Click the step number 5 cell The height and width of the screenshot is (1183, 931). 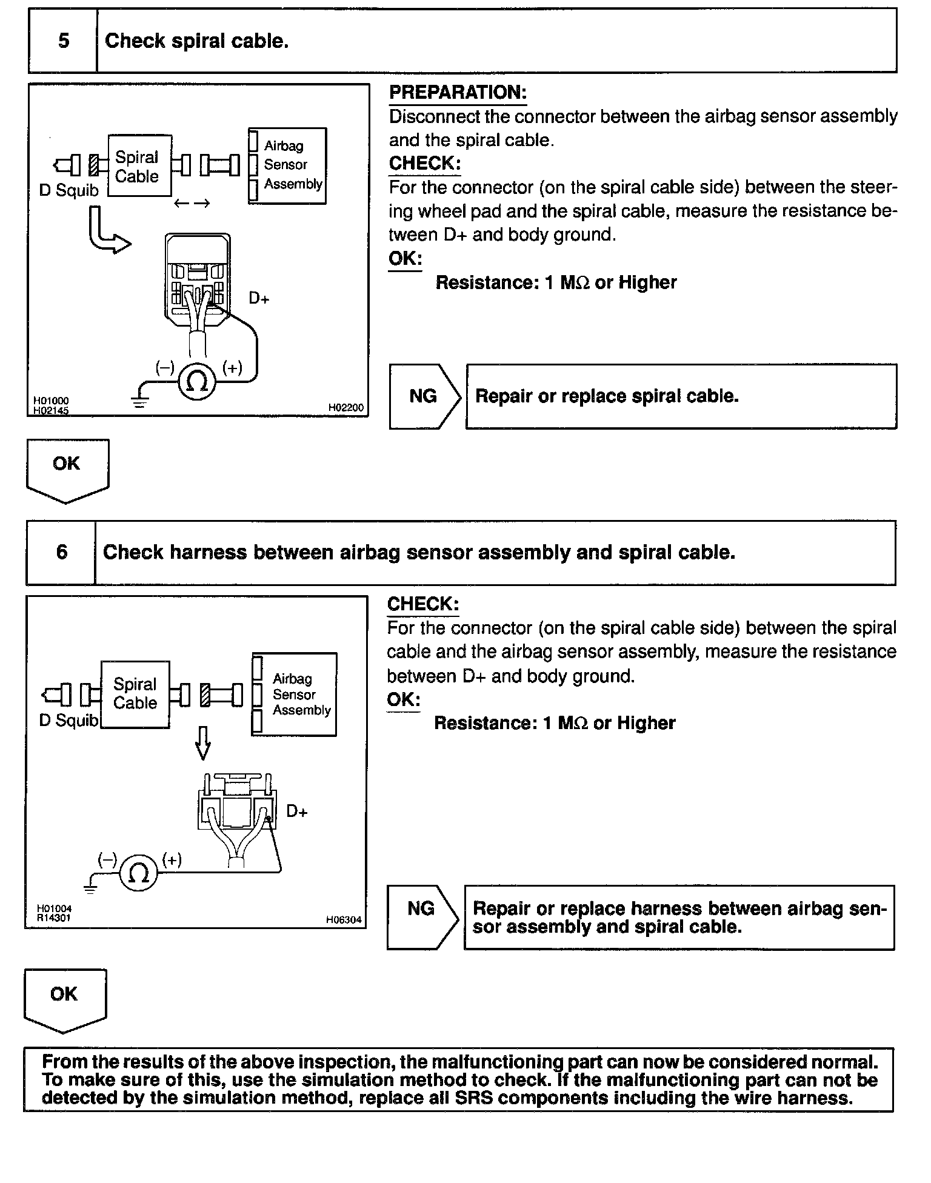tap(63, 41)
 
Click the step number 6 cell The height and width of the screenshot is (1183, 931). tap(61, 552)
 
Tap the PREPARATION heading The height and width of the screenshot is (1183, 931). tap(458, 93)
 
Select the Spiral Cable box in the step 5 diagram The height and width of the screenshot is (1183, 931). tap(139, 166)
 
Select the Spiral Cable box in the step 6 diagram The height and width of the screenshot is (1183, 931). tap(135, 693)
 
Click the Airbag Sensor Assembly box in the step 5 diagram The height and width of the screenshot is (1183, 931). tap(288, 165)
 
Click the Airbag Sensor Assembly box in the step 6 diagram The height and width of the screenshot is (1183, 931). tap(295, 694)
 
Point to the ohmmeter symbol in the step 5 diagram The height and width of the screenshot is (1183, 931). tap(196, 382)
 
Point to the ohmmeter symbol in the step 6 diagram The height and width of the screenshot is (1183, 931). tap(139, 873)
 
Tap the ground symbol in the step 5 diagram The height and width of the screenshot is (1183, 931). tap(140, 401)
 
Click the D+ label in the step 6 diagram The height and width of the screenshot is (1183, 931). tap(297, 811)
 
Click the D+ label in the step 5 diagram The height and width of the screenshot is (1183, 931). tap(259, 298)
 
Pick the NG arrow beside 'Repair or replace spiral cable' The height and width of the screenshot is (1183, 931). tap(425, 396)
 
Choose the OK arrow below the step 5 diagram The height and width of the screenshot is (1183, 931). tap(67, 470)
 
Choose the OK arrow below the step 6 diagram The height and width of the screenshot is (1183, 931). tap(65, 999)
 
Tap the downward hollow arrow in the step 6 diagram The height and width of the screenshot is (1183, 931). tap(204, 743)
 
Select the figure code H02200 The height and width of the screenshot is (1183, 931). tap(346, 408)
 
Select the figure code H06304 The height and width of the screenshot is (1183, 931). tap(344, 919)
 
